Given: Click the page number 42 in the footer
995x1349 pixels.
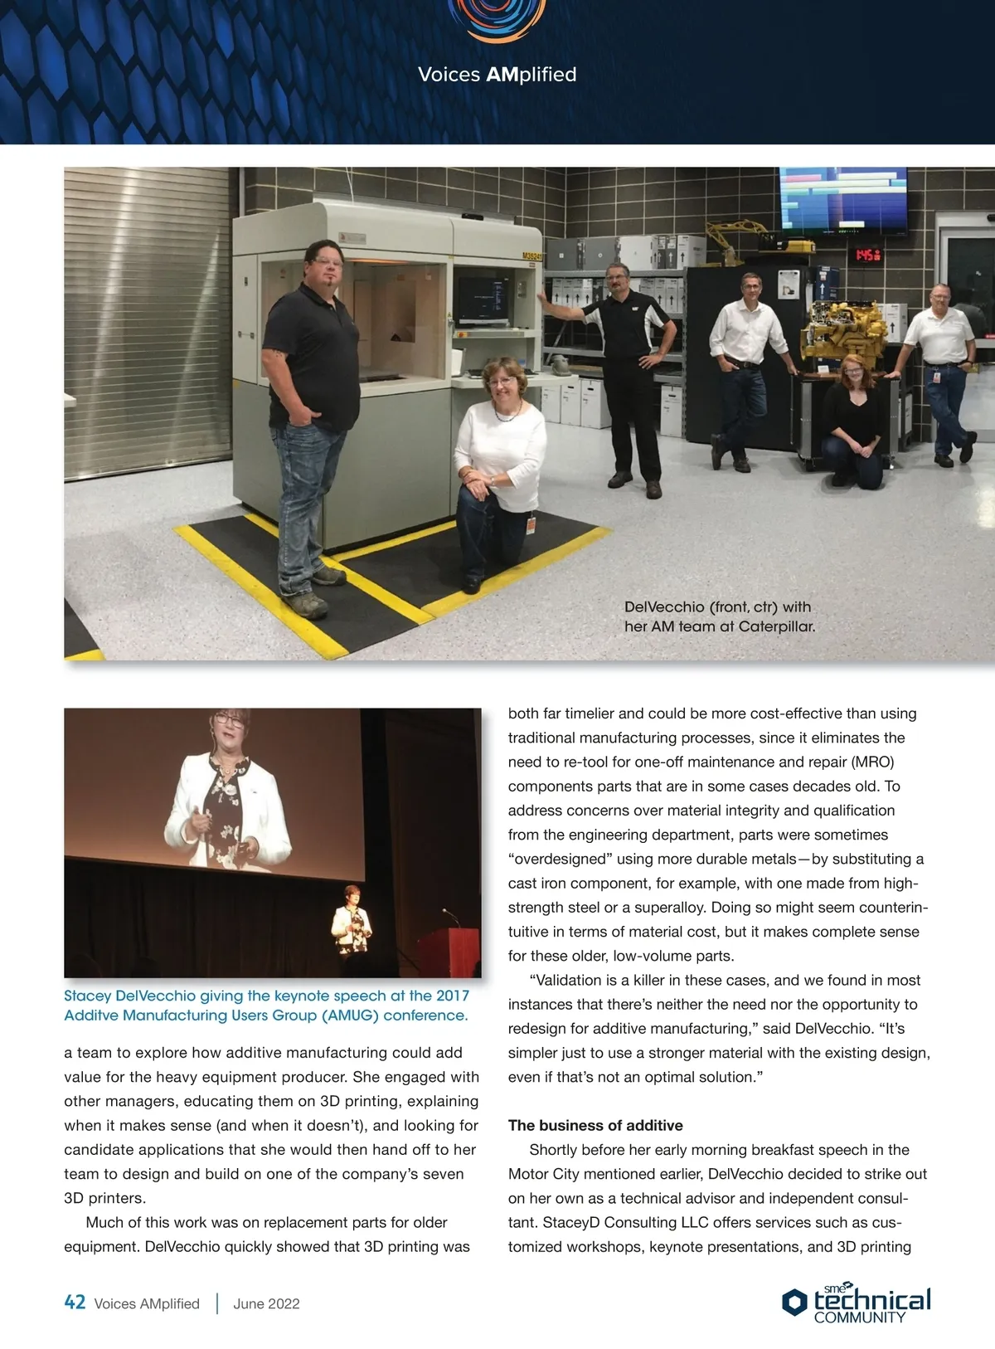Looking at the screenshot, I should [x=75, y=1303].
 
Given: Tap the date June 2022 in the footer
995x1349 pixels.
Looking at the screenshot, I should [x=266, y=1303].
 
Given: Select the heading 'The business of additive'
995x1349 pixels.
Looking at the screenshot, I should [x=595, y=1126].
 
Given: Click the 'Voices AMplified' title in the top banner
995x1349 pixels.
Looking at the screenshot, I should [x=497, y=75].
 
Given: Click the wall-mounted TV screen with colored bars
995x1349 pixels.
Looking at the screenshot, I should [x=842, y=199].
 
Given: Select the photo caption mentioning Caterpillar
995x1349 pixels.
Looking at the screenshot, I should [x=719, y=616].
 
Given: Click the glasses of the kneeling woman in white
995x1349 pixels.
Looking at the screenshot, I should [x=502, y=381].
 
